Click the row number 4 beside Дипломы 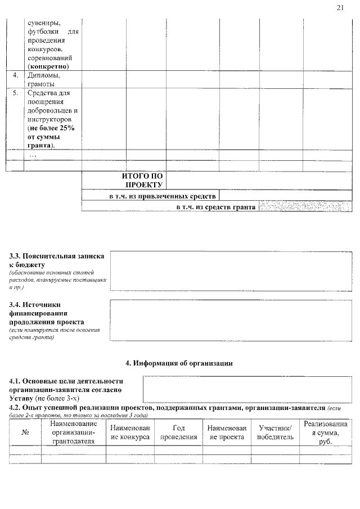pyautogui.click(x=15, y=75)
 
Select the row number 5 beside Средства pyautogui.click(x=15, y=92)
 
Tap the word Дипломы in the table pyautogui.click(x=42, y=75)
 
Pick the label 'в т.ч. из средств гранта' pyautogui.click(x=215, y=207)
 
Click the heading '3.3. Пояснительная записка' pyautogui.click(x=56, y=256)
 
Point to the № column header pyautogui.click(x=25, y=433)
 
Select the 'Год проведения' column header pyautogui.click(x=178, y=433)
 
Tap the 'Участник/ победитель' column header pyautogui.click(x=275, y=433)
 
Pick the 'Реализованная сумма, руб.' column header pyautogui.click(x=325, y=433)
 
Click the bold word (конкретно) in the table pyautogui.click(x=52, y=66)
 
